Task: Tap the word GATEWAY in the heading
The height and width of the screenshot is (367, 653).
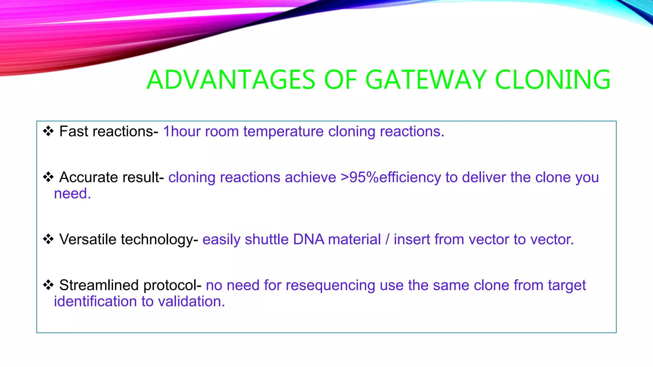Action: coord(426,80)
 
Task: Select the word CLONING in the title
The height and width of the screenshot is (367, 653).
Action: coord(553,80)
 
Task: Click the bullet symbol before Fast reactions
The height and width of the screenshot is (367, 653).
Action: coord(48,131)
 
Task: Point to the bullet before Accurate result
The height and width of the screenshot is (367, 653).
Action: coord(48,177)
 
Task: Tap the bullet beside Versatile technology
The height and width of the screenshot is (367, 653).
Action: coord(48,239)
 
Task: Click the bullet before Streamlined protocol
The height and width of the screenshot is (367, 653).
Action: coord(48,285)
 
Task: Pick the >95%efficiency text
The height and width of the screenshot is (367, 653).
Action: coord(391,177)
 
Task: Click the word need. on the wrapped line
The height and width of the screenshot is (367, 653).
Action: coord(72,194)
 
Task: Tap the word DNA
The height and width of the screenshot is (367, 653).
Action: coord(308,239)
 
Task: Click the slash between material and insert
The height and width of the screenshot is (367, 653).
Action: coord(387,239)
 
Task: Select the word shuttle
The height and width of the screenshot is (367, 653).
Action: coord(266,239)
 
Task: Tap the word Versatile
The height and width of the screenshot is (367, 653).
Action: coord(88,239)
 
